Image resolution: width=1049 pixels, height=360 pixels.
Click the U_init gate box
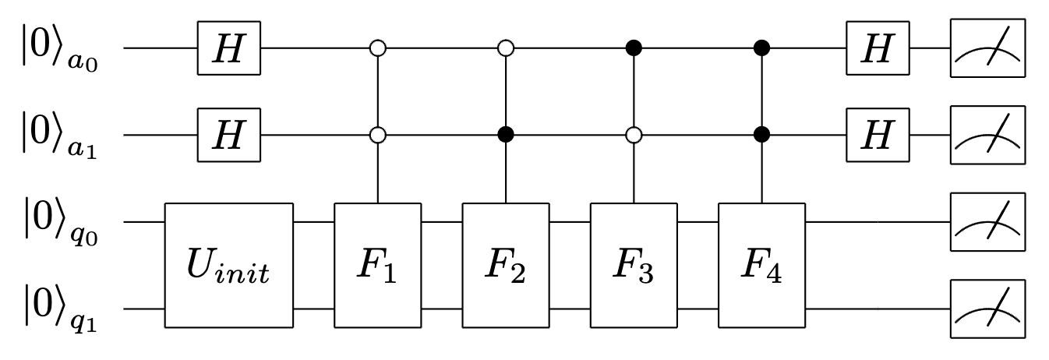tap(228, 265)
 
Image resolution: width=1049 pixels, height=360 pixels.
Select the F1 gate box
tap(378, 265)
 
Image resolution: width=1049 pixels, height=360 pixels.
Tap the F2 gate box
tap(507, 265)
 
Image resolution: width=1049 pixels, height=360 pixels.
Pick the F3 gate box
tap(634, 265)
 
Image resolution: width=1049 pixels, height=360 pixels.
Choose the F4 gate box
tap(761, 265)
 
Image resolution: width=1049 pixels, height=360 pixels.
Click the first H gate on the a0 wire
tap(228, 48)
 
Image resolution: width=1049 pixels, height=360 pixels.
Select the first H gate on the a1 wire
tap(228, 135)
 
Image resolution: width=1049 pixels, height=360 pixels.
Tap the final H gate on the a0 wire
tap(878, 48)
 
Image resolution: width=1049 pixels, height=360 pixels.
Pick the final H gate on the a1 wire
tap(878, 135)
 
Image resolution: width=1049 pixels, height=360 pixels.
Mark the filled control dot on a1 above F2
tap(507, 135)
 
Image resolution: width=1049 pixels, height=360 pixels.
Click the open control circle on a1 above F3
tap(634, 135)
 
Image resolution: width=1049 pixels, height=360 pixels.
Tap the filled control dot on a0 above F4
tap(761, 48)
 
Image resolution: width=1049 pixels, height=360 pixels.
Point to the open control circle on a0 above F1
tap(378, 48)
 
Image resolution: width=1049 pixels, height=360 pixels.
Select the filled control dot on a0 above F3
tap(634, 48)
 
